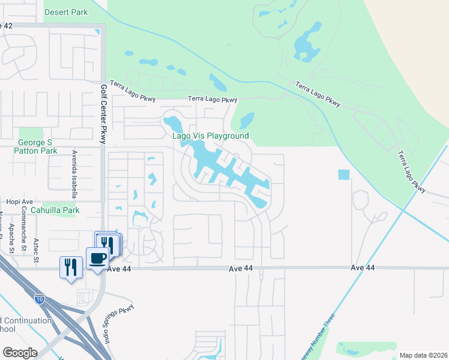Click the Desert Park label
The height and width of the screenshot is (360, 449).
tap(66, 12)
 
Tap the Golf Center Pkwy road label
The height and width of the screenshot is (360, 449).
tap(103, 114)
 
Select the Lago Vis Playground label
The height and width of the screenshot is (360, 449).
tap(211, 136)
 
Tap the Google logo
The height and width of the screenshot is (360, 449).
tap(20, 353)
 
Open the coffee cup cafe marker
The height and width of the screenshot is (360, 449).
tap(97, 259)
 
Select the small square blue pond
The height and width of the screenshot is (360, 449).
tap(343, 175)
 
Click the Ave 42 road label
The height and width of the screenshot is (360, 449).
tap(6, 26)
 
